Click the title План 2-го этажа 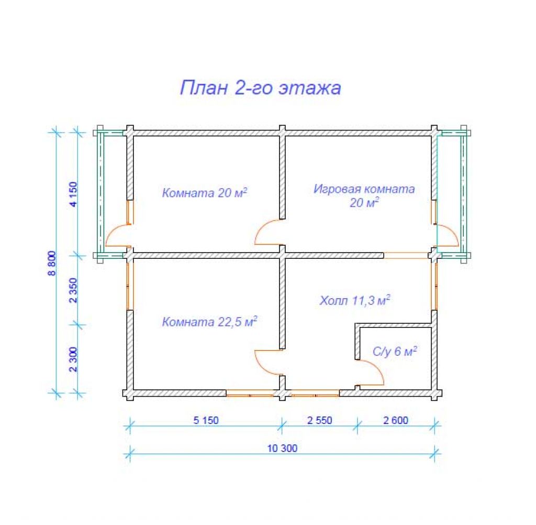[x=261, y=88]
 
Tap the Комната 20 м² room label [x=205, y=193]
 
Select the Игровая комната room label [x=364, y=189]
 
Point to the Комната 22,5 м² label [x=209, y=322]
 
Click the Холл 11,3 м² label [x=355, y=300]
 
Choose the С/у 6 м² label [x=395, y=351]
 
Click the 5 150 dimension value [x=206, y=420]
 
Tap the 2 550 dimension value [x=320, y=420]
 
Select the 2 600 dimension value [x=396, y=420]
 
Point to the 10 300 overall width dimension [x=282, y=449]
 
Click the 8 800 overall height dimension [x=52, y=263]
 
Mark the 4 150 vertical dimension [x=73, y=194]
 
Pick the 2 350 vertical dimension [x=73, y=290]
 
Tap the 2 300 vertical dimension [x=73, y=359]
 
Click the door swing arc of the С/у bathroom [x=376, y=368]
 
